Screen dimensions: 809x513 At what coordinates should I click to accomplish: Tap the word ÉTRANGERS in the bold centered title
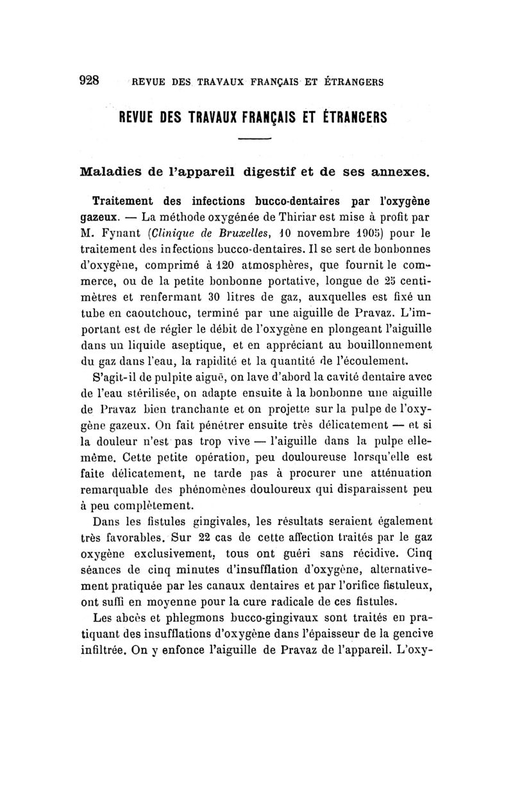(x=347, y=118)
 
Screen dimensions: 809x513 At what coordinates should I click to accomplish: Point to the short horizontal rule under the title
(x=256, y=140)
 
